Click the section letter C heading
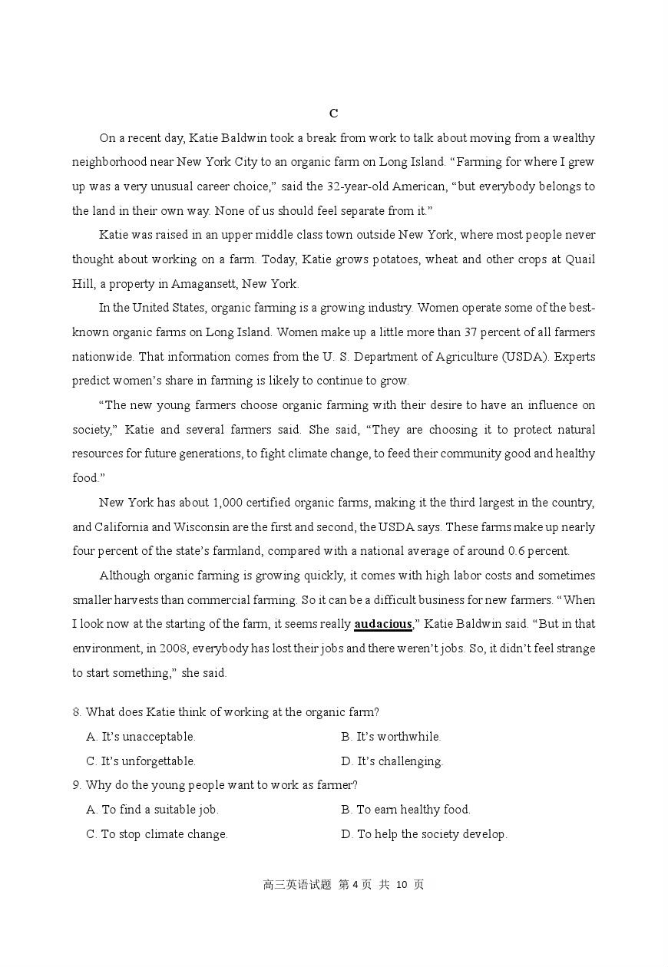pos(333,114)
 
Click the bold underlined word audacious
pos(383,624)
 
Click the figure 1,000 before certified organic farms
pos(228,503)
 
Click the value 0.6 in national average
pos(517,551)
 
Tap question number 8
pos(78,712)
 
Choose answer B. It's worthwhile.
pos(391,737)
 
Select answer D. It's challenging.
pos(392,761)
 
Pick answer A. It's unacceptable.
pos(141,737)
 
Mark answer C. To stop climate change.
pos(157,834)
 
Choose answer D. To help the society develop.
pos(424,834)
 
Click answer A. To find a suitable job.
pos(152,810)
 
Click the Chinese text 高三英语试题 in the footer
pos(297,885)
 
